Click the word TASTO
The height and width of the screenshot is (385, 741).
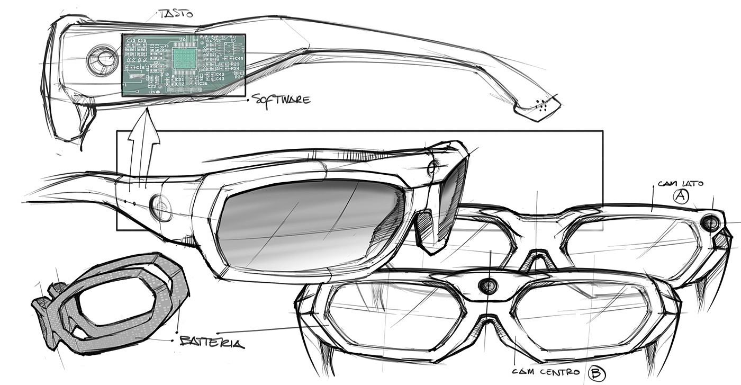[176, 13]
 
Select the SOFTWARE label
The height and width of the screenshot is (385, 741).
[281, 99]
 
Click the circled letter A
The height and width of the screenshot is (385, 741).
[680, 197]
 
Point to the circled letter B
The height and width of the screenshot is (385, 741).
[597, 374]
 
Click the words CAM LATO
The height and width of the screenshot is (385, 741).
[680, 183]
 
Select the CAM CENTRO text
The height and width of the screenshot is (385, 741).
[547, 372]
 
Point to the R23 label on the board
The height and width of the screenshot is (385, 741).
[236, 64]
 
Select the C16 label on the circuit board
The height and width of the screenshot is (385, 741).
[140, 68]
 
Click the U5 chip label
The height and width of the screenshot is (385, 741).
[233, 39]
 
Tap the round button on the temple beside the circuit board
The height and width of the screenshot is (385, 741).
[102, 59]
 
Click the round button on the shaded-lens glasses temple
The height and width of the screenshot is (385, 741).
[161, 207]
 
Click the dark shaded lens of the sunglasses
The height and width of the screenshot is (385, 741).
[307, 222]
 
